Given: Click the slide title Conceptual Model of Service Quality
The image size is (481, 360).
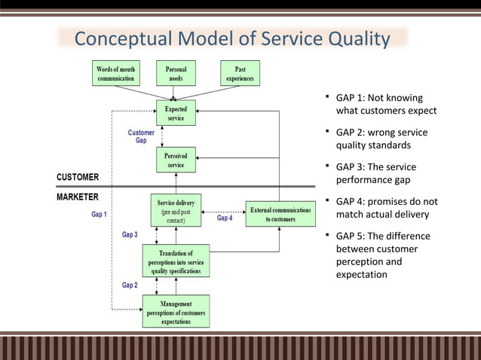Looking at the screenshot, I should (232, 38).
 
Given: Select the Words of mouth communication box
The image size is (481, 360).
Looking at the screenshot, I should (115, 73).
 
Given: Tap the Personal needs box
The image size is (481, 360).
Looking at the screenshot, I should (175, 73).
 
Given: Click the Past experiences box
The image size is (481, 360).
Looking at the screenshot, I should (240, 73).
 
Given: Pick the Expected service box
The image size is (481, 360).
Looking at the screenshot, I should (176, 114).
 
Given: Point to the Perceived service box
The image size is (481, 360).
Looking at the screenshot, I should (176, 160).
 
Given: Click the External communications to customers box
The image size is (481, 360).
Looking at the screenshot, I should (279, 213).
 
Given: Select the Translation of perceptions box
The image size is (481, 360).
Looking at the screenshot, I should (176, 261).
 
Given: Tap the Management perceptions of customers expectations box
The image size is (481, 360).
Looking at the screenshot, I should (176, 311).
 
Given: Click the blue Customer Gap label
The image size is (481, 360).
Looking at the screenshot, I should (141, 136).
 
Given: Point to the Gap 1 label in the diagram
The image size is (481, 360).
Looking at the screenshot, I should (100, 215).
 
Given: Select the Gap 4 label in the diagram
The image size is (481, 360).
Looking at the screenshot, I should (225, 218).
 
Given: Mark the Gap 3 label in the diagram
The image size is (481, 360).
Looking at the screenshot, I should (130, 235).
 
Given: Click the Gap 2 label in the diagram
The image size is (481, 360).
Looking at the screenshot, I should (130, 285).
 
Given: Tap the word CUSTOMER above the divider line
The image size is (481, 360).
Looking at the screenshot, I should (78, 178).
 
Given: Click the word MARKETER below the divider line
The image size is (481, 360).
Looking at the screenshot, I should (78, 197).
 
